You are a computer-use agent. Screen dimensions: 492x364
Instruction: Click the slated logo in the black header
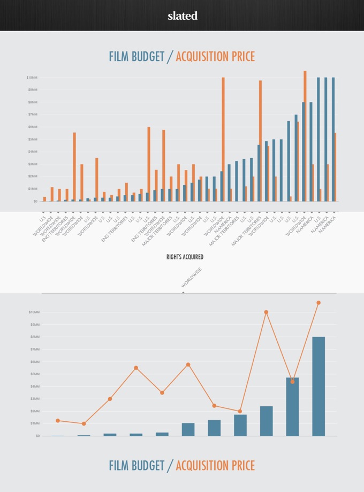(182, 16)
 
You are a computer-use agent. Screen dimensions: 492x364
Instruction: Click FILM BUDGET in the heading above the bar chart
(136, 57)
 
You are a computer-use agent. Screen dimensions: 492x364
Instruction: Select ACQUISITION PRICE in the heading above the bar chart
(215, 57)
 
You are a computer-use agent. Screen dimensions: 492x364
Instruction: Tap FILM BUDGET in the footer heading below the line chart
(136, 466)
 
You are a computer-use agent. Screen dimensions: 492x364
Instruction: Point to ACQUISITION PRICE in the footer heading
(215, 466)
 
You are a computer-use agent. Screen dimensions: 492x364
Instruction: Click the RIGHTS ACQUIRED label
(185, 257)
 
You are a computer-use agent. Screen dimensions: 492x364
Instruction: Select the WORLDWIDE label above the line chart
(192, 277)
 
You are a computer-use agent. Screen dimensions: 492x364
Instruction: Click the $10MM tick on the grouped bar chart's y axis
(32, 78)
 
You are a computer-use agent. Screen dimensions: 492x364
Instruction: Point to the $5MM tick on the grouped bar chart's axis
(32, 139)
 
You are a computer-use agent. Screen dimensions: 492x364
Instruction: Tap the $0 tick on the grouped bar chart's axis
(35, 202)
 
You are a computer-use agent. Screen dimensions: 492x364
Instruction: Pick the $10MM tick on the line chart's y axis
(33, 312)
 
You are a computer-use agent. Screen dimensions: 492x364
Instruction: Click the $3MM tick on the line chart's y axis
(34, 399)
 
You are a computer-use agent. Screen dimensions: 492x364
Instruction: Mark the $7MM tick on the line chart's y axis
(34, 349)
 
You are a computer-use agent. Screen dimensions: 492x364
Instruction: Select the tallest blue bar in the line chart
(318, 386)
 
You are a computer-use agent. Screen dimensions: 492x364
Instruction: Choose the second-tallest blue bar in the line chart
(292, 406)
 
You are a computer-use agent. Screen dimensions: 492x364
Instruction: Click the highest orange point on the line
(318, 303)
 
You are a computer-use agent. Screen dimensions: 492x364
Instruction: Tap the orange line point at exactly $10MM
(266, 312)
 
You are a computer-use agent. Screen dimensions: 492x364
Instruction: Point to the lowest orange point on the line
(84, 424)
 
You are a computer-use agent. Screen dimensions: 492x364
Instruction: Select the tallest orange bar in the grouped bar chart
(305, 136)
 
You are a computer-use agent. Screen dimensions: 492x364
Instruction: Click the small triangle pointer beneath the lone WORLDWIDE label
(183, 293)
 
